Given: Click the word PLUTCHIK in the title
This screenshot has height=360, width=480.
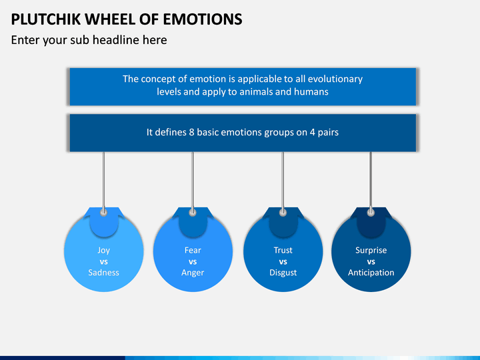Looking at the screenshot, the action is (46, 19).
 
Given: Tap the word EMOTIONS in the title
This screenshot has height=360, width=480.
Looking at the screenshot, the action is (203, 19).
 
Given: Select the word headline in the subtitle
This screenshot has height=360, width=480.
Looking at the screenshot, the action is (115, 40).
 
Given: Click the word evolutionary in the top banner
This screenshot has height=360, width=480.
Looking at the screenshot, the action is (335, 79).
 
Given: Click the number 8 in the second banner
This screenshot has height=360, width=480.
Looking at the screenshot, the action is (191, 132).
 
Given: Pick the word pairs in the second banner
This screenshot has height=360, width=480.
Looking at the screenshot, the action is (328, 133).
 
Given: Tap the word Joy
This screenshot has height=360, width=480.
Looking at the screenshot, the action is (103, 251).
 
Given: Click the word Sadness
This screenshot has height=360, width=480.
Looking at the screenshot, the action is (103, 273).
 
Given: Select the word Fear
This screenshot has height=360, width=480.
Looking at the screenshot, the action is (193, 250).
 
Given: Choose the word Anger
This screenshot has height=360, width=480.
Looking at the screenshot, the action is (193, 273).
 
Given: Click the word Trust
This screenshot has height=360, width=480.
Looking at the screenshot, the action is (283, 250).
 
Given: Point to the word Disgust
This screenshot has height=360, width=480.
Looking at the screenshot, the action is (283, 273).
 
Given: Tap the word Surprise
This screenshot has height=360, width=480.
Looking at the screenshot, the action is (371, 251).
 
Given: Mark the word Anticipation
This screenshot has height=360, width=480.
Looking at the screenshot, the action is (371, 273).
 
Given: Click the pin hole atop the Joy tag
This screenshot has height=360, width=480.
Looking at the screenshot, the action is (104, 212).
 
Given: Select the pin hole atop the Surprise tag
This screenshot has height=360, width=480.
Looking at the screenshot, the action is (371, 212).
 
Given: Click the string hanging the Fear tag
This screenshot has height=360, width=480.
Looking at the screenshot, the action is (193, 181).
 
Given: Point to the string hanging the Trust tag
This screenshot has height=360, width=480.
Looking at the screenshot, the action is (283, 181).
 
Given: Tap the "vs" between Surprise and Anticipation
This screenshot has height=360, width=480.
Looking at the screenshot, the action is (371, 262).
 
